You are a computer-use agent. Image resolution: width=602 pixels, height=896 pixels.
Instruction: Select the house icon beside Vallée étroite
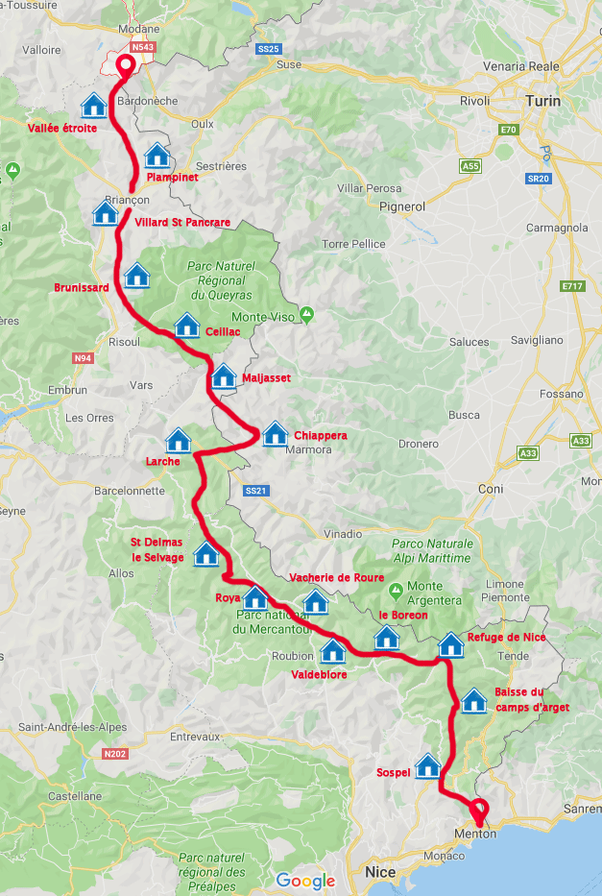(x=93, y=104)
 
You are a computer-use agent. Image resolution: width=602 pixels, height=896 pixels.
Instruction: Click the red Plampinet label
(x=173, y=178)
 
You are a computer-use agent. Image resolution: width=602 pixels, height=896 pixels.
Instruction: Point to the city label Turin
(x=542, y=100)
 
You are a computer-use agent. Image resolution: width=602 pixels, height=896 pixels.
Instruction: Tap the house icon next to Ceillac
(x=186, y=325)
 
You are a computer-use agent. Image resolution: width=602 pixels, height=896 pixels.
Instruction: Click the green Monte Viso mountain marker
(x=306, y=314)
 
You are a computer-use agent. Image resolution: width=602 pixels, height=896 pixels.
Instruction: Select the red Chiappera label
(x=321, y=435)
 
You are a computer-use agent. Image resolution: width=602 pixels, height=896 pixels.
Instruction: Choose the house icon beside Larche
(x=179, y=440)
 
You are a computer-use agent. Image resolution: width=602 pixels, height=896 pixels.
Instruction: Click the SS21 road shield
(x=254, y=491)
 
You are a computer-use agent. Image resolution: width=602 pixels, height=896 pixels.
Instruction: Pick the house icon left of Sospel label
(x=427, y=765)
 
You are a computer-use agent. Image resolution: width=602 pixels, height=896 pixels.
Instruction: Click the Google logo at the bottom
(x=305, y=881)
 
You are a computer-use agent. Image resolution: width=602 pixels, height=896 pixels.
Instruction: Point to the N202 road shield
(x=114, y=754)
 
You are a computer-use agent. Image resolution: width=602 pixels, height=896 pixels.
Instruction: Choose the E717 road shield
(x=573, y=286)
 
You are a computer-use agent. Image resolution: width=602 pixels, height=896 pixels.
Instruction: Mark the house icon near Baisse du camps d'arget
(x=473, y=700)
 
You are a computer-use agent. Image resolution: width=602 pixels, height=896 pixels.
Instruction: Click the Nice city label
(x=380, y=872)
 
